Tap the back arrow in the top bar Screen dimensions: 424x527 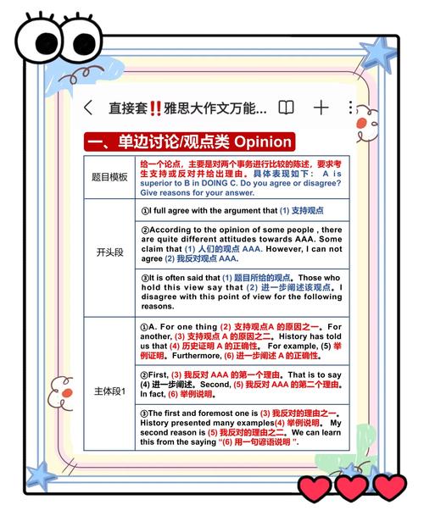coord(88,108)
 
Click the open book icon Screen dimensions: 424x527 coord(287,108)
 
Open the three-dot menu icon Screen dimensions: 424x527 coord(351,108)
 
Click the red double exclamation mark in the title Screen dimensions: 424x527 coord(155,108)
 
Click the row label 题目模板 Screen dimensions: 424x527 coord(109,177)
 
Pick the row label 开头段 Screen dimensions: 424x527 coord(109,253)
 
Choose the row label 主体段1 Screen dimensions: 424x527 coord(109,391)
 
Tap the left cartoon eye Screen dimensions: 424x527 coord(34,38)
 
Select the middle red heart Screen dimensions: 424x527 coord(352,486)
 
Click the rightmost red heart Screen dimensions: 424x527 coord(390,486)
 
